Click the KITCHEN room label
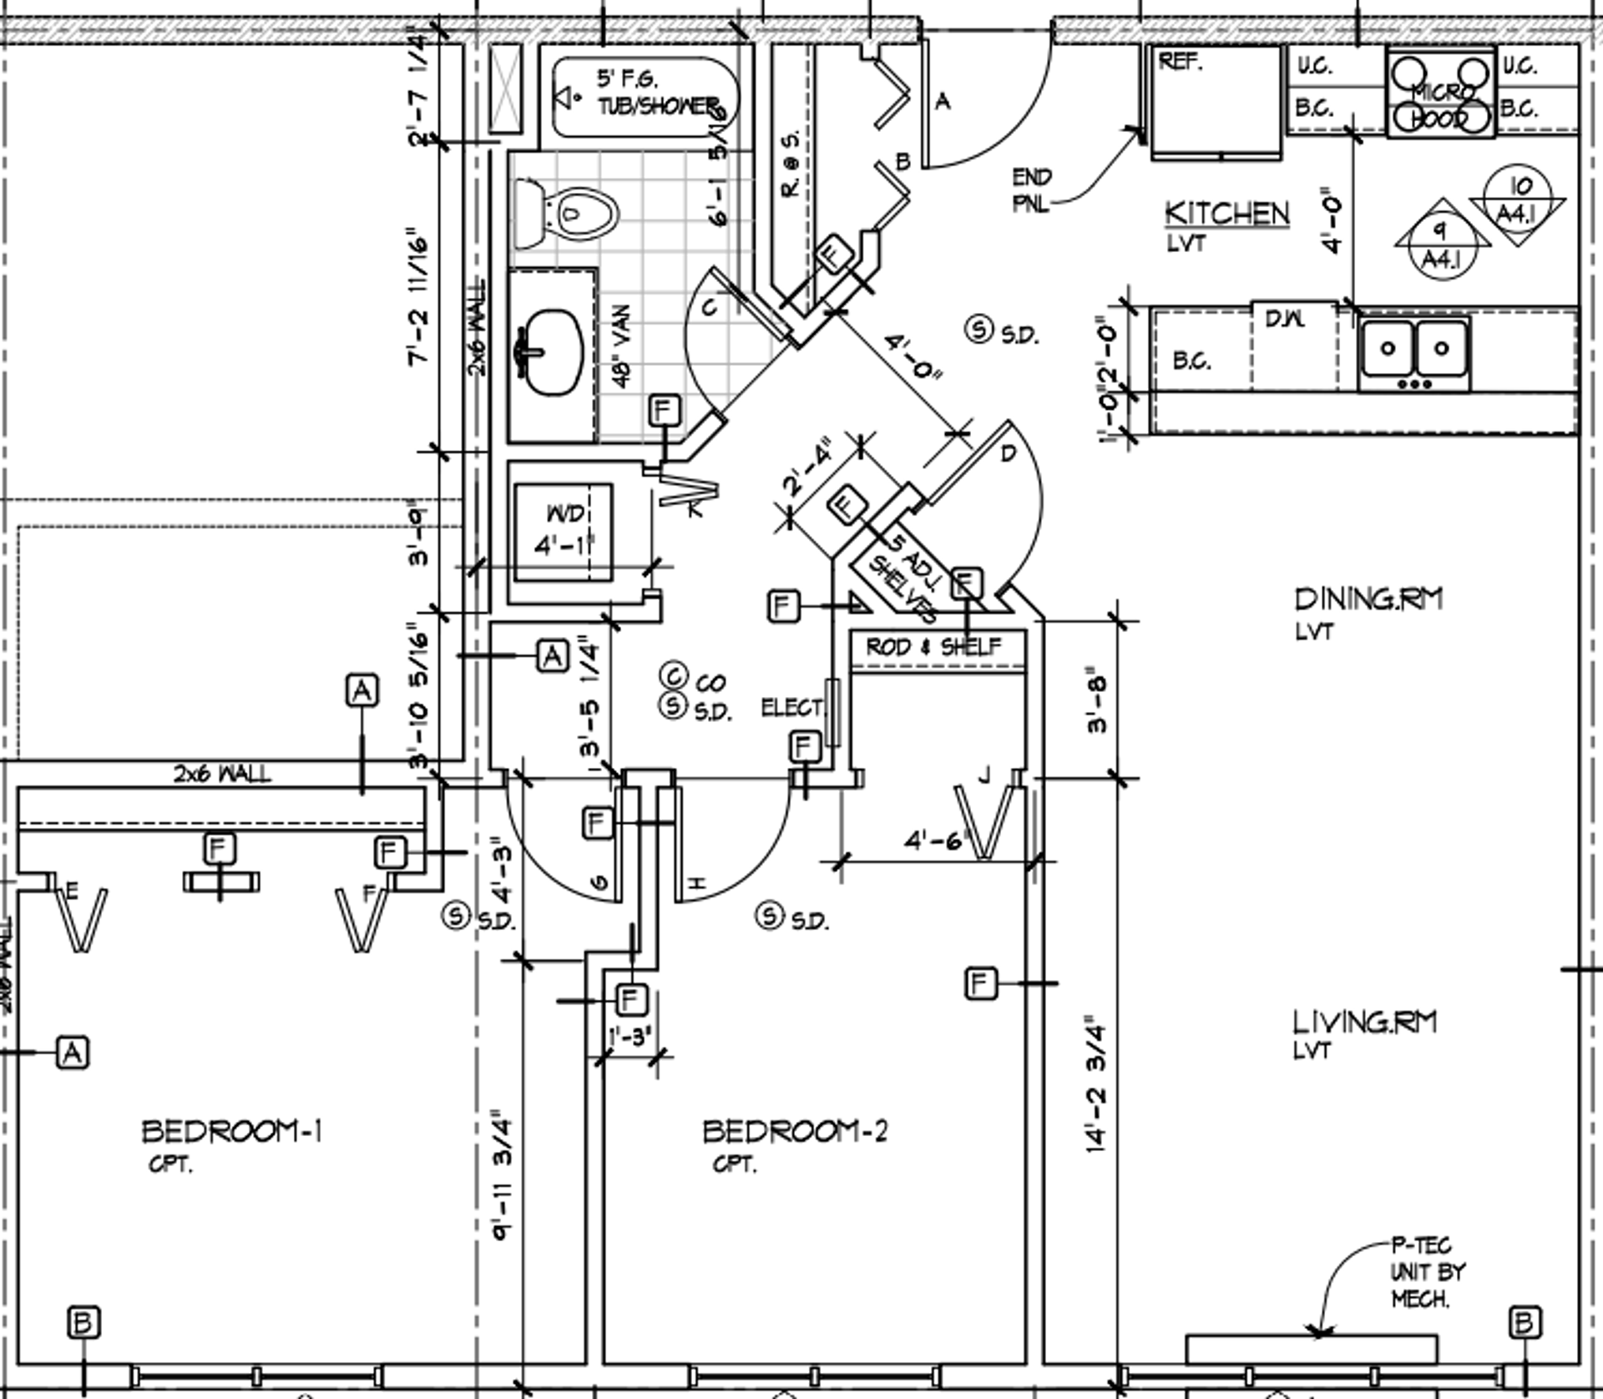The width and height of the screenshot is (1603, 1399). (x=1226, y=214)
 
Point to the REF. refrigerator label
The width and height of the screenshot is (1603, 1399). (x=1180, y=62)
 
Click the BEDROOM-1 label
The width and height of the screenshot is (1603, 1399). (x=232, y=1132)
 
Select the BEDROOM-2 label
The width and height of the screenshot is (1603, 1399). (x=795, y=1132)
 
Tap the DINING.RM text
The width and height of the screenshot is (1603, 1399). (x=1368, y=599)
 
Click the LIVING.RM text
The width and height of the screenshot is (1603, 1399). (x=1364, y=1023)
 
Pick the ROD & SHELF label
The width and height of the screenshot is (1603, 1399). (x=933, y=647)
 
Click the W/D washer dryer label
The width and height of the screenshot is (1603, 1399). (x=565, y=513)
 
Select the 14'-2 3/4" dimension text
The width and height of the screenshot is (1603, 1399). (x=1097, y=1085)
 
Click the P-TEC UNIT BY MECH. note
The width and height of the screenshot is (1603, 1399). (x=1428, y=1272)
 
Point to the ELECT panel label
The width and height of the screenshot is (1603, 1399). (x=791, y=708)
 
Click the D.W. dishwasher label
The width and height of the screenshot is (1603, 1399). (x=1286, y=319)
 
